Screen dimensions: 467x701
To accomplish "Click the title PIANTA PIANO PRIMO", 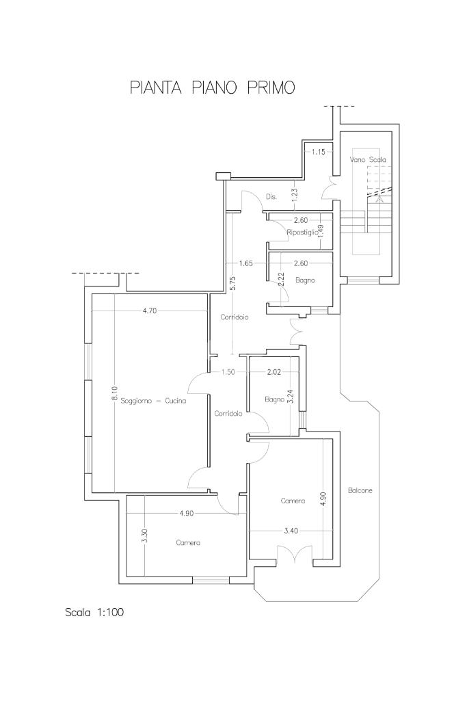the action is (x=212, y=88).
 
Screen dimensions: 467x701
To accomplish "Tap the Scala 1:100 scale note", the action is (x=94, y=612).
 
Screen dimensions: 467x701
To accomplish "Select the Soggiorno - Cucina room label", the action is (x=155, y=401).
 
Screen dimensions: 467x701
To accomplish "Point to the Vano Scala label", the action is (x=368, y=159).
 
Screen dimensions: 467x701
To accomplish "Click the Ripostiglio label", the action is (x=302, y=233).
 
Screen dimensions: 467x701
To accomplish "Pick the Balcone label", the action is (x=360, y=490).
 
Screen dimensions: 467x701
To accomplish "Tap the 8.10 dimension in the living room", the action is (x=115, y=395).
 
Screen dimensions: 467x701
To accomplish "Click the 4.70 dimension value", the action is (x=149, y=311).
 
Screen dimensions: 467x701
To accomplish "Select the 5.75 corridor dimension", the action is (x=232, y=283).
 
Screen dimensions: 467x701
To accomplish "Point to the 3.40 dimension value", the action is (x=291, y=531).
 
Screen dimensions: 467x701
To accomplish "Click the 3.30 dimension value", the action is (x=144, y=536).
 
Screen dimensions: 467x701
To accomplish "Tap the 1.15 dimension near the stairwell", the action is (x=318, y=152).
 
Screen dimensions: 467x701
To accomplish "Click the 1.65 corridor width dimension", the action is (x=245, y=263).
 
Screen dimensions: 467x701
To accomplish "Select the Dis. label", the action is (x=271, y=197).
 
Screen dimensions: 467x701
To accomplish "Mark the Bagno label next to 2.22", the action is (x=305, y=280).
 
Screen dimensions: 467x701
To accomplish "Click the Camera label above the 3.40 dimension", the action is (x=293, y=501).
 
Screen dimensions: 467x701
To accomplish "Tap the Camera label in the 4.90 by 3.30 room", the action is (x=188, y=543).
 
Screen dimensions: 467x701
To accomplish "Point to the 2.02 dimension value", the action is (x=273, y=371).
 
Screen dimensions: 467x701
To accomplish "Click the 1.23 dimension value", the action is (x=295, y=194).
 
